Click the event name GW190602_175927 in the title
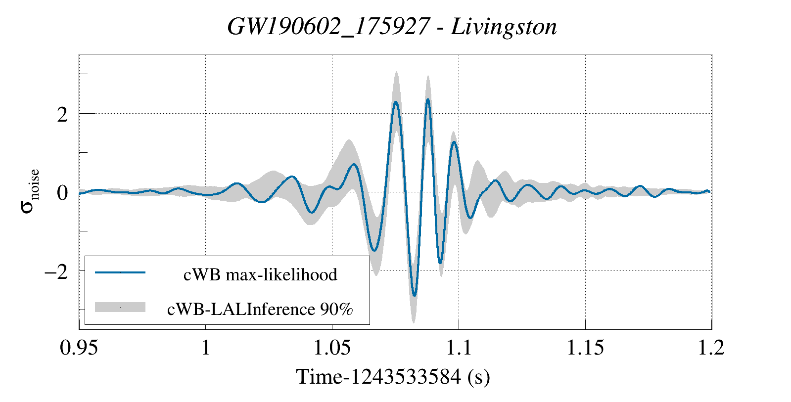pyautogui.click(x=328, y=27)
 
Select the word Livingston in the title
pyautogui.click(x=504, y=27)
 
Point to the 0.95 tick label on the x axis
pyautogui.click(x=79, y=348)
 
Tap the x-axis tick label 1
pyautogui.click(x=205, y=348)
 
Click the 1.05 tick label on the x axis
pyautogui.click(x=332, y=348)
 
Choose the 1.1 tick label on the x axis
pyautogui.click(x=459, y=348)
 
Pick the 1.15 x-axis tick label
pyautogui.click(x=585, y=348)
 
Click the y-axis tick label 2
pyautogui.click(x=62, y=115)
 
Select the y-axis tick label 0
pyautogui.click(x=62, y=193)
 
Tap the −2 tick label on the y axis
pyautogui.click(x=56, y=271)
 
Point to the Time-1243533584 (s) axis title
pyautogui.click(x=393, y=377)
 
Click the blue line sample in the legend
pyautogui.click(x=120, y=272)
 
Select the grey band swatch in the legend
pyautogui.click(x=120, y=307)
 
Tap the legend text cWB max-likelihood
pyautogui.click(x=260, y=274)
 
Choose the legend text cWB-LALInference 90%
pyautogui.click(x=260, y=309)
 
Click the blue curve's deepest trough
pyautogui.click(x=414, y=296)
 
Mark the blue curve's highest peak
pyautogui.click(x=427, y=99)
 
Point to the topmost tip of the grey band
pyautogui.click(x=396, y=72)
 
